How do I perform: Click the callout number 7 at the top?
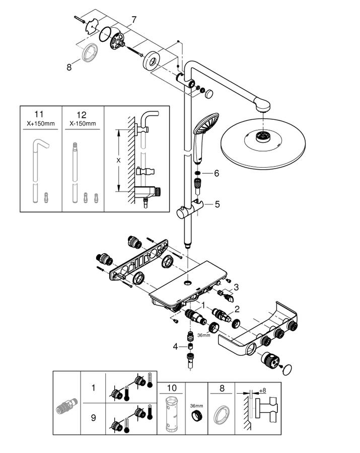[133, 20]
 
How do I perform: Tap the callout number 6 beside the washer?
[217, 173]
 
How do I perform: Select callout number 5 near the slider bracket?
[217, 204]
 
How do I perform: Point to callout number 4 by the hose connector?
[175, 346]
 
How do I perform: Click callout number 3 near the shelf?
[236, 287]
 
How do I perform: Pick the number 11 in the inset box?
[39, 114]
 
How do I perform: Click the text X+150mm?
[41, 124]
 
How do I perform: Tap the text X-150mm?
[83, 124]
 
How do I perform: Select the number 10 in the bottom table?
[172, 388]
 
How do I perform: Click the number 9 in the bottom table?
[93, 418]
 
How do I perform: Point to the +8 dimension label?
[262, 390]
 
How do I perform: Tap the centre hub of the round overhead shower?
[263, 136]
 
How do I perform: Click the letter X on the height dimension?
[118, 161]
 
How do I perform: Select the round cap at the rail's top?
[208, 94]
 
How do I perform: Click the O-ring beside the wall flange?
[105, 35]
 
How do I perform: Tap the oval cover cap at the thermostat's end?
[287, 370]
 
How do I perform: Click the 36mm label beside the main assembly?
[204, 335]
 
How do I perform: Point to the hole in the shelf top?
[188, 282]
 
